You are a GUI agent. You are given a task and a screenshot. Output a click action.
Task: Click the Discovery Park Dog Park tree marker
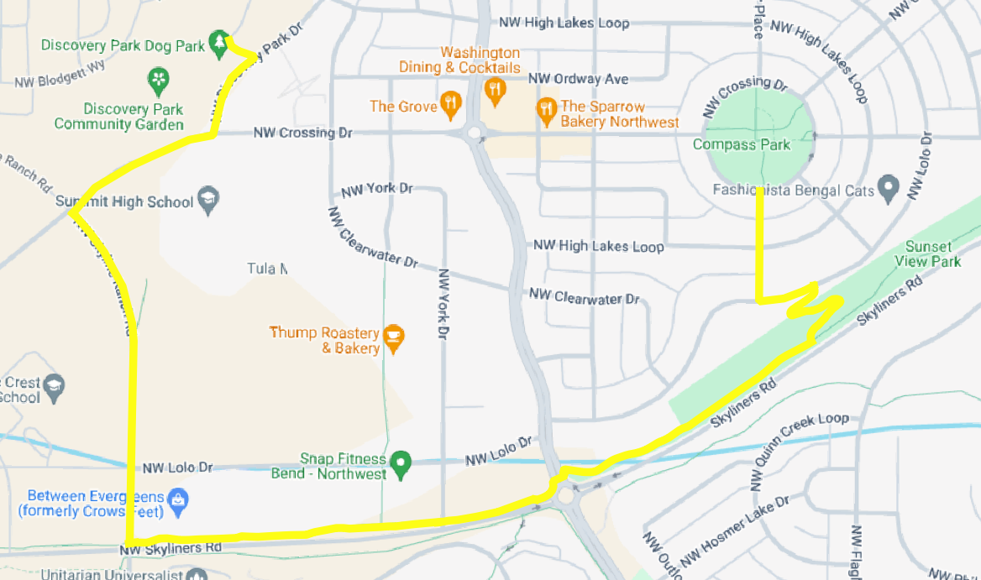click(x=219, y=42)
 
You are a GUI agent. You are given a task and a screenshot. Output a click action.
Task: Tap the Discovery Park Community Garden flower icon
click(x=157, y=80)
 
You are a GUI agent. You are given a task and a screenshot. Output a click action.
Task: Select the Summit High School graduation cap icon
click(x=207, y=200)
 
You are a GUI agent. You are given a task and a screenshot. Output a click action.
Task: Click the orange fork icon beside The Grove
click(x=452, y=105)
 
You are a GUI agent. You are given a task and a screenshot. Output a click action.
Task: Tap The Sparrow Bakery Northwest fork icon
click(x=547, y=109)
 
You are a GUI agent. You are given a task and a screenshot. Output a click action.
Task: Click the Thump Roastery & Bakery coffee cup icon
click(x=393, y=337)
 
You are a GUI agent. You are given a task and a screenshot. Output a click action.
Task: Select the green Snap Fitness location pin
click(x=401, y=462)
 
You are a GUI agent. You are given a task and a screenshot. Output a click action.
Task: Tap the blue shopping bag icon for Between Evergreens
click(x=177, y=501)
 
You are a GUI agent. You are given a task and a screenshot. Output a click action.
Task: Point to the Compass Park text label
click(x=742, y=144)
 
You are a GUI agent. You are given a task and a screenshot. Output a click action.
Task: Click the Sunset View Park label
click(x=928, y=253)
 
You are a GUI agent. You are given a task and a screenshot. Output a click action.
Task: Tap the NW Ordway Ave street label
click(x=578, y=79)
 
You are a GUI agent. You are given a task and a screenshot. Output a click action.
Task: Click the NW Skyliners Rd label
click(x=170, y=548)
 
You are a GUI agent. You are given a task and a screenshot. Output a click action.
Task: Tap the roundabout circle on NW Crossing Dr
click(x=475, y=133)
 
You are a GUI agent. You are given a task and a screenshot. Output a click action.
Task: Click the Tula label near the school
click(x=267, y=269)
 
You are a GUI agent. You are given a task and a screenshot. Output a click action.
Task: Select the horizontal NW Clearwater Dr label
click(x=584, y=297)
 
